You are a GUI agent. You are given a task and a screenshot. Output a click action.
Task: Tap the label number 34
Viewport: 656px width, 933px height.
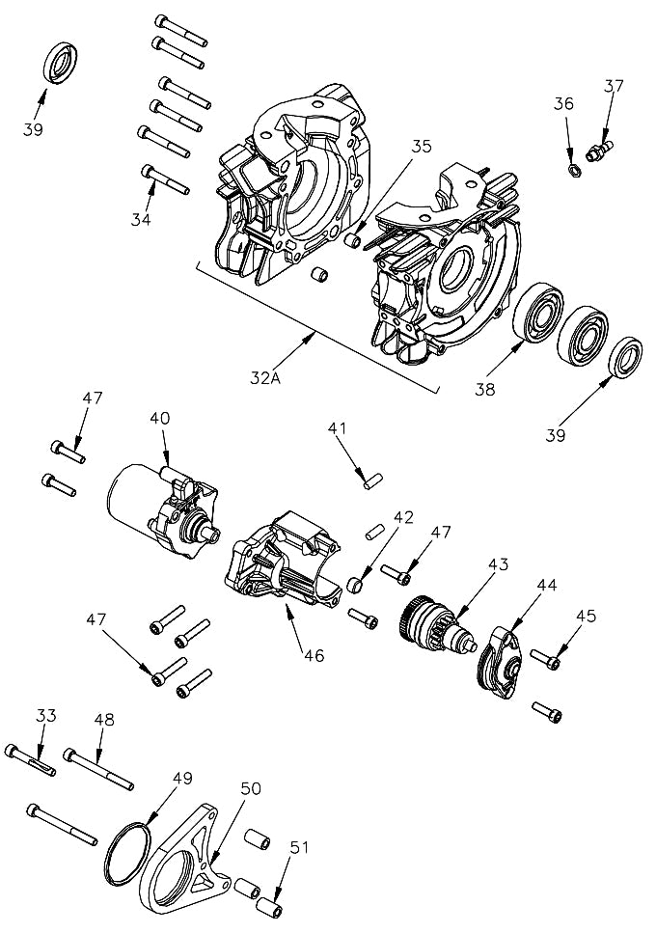click(141, 219)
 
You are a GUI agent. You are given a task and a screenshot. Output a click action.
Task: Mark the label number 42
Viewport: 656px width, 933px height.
click(402, 516)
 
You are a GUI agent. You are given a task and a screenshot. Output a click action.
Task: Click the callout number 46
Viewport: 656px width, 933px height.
click(313, 655)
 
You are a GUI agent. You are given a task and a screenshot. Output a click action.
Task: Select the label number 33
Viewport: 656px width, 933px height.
click(46, 715)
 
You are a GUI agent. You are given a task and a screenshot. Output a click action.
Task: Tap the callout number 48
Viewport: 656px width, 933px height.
click(103, 719)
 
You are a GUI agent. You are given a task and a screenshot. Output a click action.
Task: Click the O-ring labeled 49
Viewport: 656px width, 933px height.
click(125, 850)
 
